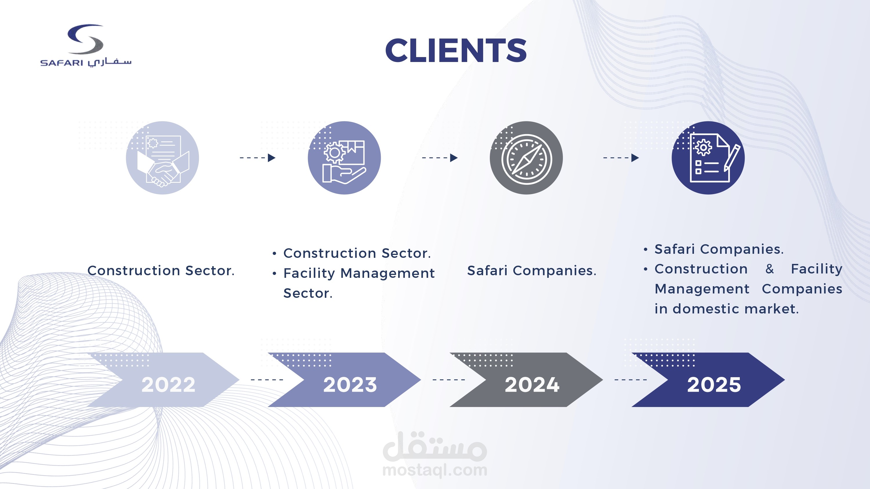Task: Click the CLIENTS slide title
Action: [456, 51]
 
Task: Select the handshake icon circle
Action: [162, 158]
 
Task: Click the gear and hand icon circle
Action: [344, 158]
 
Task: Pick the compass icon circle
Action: [526, 158]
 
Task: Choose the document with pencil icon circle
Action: [708, 158]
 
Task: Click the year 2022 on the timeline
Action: [168, 384]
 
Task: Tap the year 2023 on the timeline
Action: [350, 384]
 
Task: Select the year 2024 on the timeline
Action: [532, 384]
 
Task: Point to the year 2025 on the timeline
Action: [714, 384]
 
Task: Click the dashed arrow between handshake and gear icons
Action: [257, 158]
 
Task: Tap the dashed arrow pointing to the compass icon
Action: [440, 158]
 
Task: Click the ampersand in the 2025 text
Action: [769, 269]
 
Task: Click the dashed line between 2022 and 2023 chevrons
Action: [267, 380]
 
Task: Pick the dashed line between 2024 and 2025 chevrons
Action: [630, 380]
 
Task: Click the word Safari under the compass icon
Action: [487, 271]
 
